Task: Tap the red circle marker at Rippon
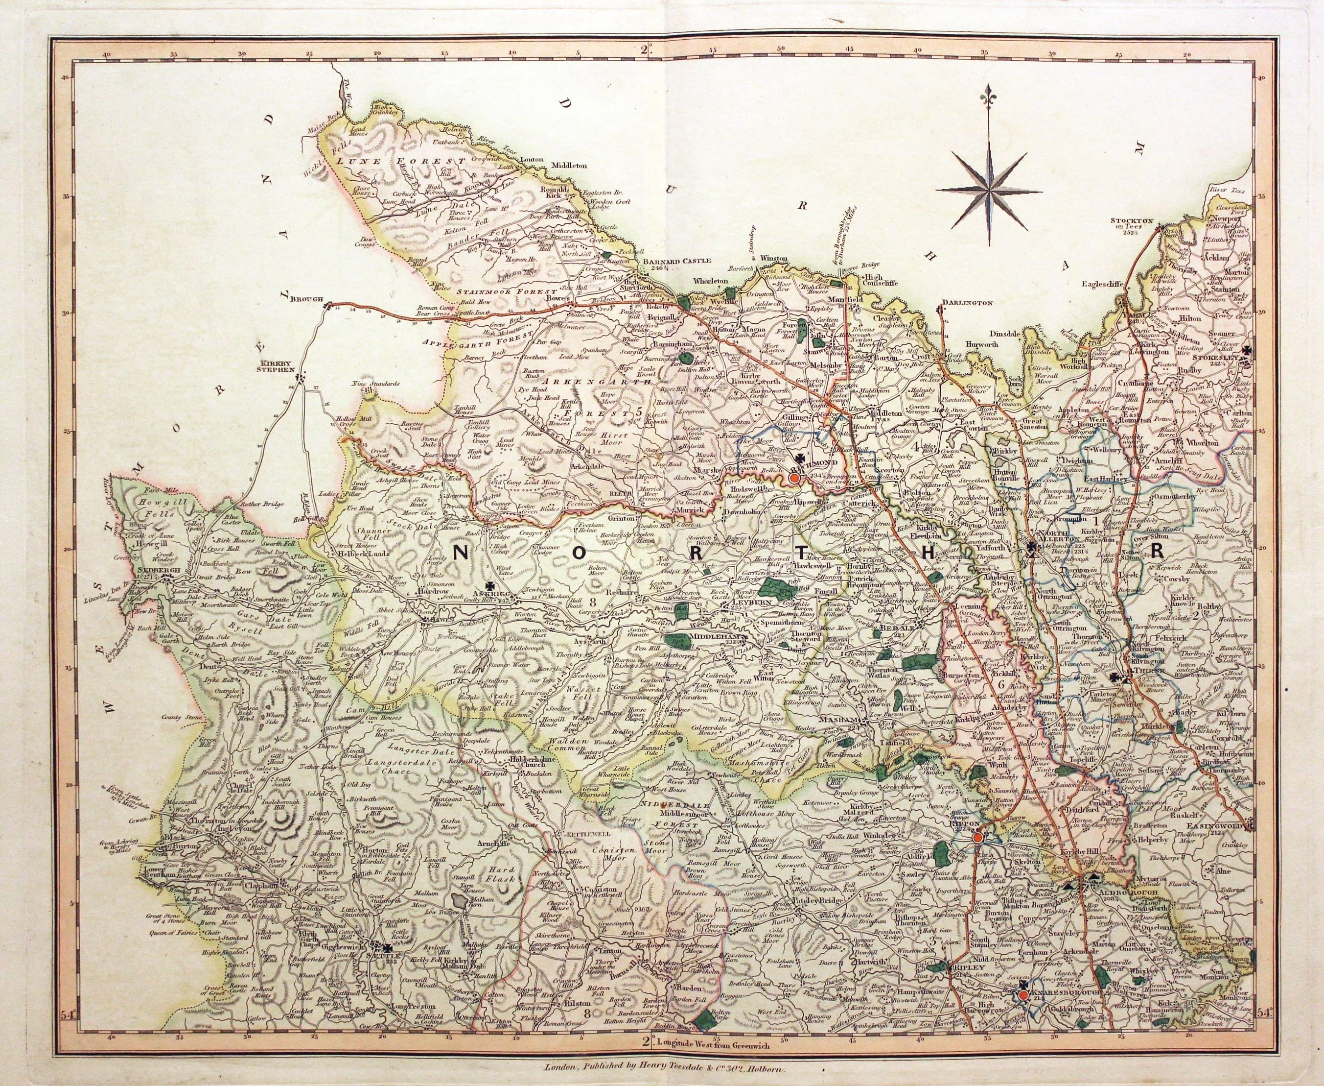pos(976,838)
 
